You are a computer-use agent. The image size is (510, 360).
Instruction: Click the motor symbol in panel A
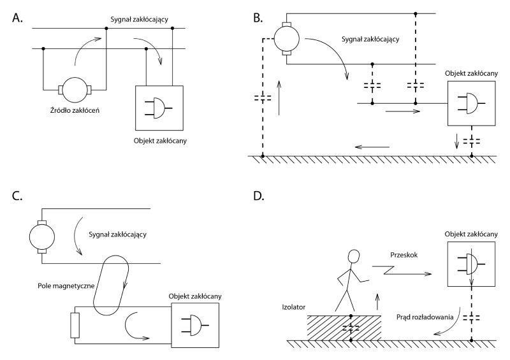75,89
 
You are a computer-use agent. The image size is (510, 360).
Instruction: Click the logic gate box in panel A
159,107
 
